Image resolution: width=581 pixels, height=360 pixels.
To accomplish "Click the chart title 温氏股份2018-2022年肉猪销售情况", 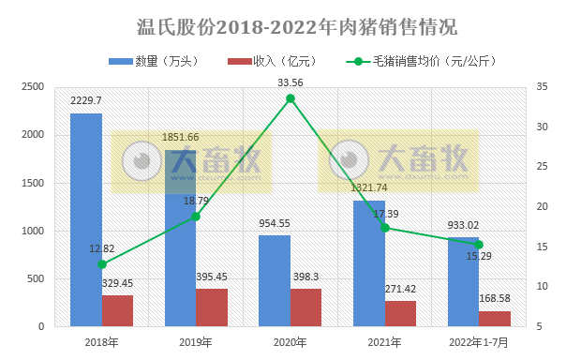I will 290,25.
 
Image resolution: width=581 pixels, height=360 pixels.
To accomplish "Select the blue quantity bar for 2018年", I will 86,220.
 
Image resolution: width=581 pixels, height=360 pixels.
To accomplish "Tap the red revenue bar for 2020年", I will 305,307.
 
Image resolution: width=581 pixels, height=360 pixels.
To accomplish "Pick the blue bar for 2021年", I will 368,263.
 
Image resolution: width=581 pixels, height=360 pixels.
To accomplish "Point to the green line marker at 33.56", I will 290,98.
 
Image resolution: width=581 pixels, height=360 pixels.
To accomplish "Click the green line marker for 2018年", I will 102,264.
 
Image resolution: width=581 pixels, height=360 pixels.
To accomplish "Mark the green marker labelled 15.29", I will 479,245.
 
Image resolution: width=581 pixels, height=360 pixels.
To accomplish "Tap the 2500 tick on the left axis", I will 33,87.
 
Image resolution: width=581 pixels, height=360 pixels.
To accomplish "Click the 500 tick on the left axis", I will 36,279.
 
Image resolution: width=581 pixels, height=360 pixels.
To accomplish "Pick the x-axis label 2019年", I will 196,343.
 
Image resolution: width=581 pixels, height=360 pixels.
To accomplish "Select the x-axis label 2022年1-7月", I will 479,343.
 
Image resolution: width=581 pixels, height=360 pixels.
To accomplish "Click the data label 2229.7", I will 86,100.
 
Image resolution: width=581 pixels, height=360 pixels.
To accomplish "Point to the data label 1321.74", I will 368,188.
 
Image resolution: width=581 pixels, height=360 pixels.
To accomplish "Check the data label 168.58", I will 495,300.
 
